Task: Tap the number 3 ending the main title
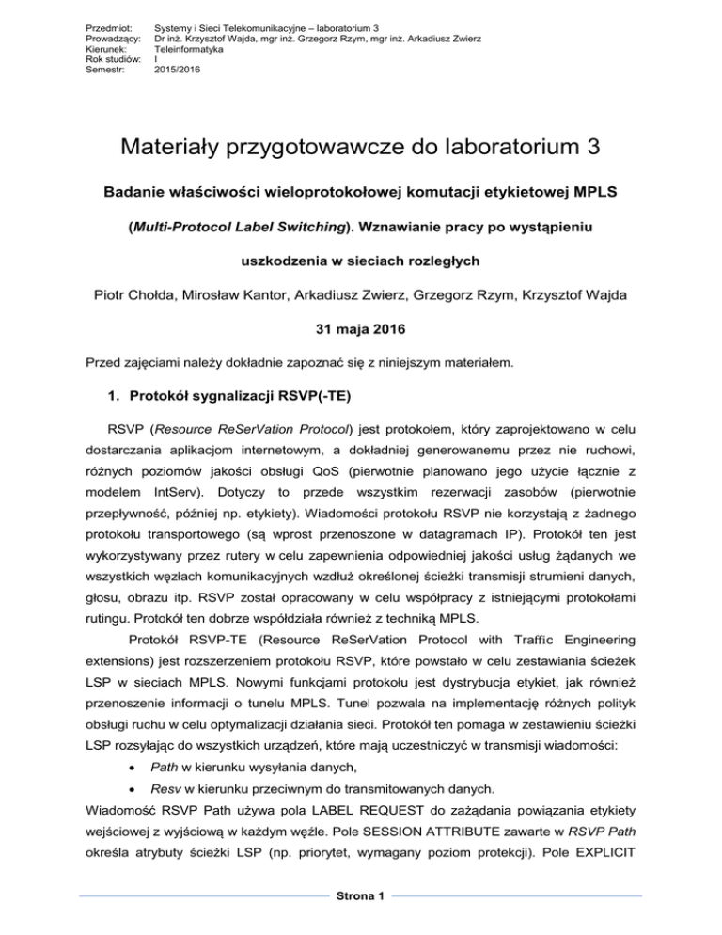pos(592,150)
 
